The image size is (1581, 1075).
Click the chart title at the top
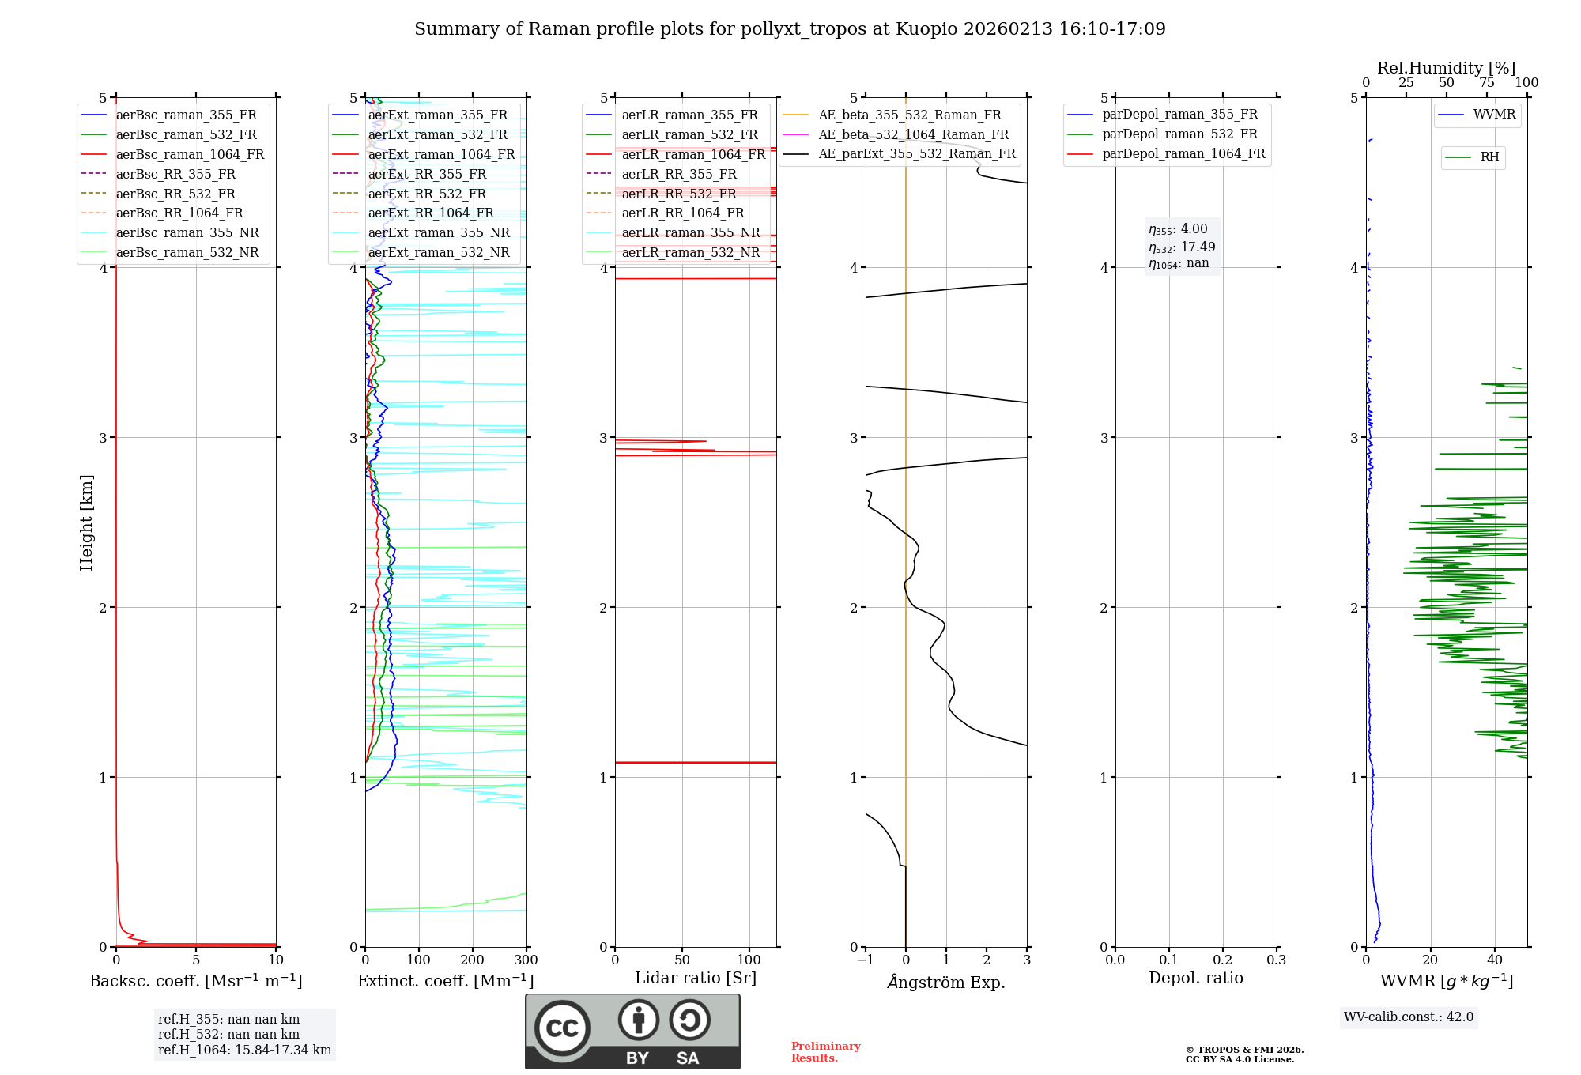pyautogui.click(x=790, y=29)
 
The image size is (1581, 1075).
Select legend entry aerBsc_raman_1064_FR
pyautogui.click(x=190, y=154)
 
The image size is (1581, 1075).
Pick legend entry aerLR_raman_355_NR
pyautogui.click(x=690, y=232)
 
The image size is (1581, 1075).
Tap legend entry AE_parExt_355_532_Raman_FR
pyautogui.click(x=917, y=153)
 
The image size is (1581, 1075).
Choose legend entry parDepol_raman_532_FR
pyautogui.click(x=1179, y=134)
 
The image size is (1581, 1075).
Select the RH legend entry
pyautogui.click(x=1489, y=157)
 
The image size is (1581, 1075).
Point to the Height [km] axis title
pyautogui.click(x=86, y=522)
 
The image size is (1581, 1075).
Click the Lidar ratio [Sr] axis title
pyautogui.click(x=695, y=978)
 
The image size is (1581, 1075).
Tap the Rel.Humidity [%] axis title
pyautogui.click(x=1446, y=68)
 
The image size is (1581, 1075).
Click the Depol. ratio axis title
pyautogui.click(x=1195, y=978)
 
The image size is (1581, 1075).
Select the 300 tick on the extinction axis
pyautogui.click(x=526, y=960)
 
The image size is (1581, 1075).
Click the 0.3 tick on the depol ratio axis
pyautogui.click(x=1276, y=960)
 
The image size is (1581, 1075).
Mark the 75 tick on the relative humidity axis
pyautogui.click(x=1486, y=83)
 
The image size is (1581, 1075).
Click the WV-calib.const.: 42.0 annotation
pyautogui.click(x=1408, y=1017)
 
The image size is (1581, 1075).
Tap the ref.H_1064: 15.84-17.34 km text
pyautogui.click(x=244, y=1050)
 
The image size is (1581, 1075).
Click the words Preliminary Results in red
pyautogui.click(x=825, y=1051)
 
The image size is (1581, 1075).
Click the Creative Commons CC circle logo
pyautogui.click(x=562, y=1028)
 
